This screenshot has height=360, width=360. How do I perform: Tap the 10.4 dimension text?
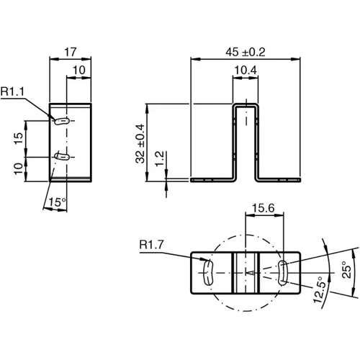[x=245, y=70]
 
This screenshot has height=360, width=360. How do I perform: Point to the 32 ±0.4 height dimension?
[x=140, y=144]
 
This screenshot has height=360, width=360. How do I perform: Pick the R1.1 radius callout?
[x=12, y=91]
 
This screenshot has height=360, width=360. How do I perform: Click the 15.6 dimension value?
[x=264, y=209]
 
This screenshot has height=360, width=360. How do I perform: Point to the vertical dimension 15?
[x=19, y=137]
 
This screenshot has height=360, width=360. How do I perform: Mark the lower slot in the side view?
[x=61, y=155]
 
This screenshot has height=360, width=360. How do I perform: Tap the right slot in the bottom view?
[x=284, y=274]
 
